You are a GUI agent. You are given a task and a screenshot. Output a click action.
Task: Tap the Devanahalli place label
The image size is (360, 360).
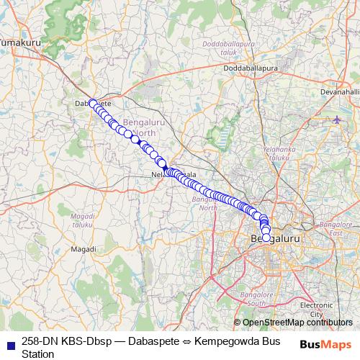338,92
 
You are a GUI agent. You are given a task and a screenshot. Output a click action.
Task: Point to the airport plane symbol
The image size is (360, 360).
338,119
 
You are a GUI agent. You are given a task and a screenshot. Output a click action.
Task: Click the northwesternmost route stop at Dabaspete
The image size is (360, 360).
92,103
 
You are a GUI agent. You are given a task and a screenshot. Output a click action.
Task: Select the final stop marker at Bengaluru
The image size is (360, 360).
266,238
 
